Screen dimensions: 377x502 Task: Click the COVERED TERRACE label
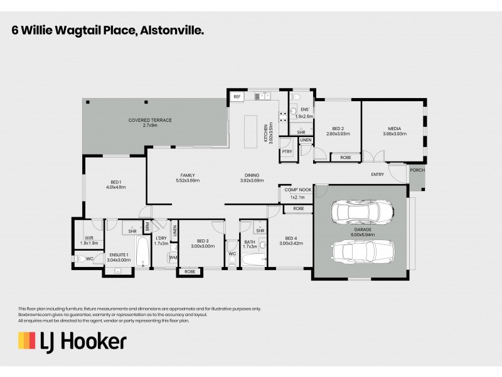coord(150,120)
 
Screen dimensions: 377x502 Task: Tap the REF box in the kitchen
coord(237,97)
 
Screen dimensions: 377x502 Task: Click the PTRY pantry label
coord(287,151)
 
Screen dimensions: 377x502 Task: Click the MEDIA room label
coord(394,129)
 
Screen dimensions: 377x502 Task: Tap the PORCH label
coord(417,170)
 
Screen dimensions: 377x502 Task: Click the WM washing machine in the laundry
coord(156,258)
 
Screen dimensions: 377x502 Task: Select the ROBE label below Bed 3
coord(190,272)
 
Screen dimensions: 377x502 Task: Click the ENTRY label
coord(378,175)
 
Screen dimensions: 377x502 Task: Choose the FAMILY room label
coord(187,175)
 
